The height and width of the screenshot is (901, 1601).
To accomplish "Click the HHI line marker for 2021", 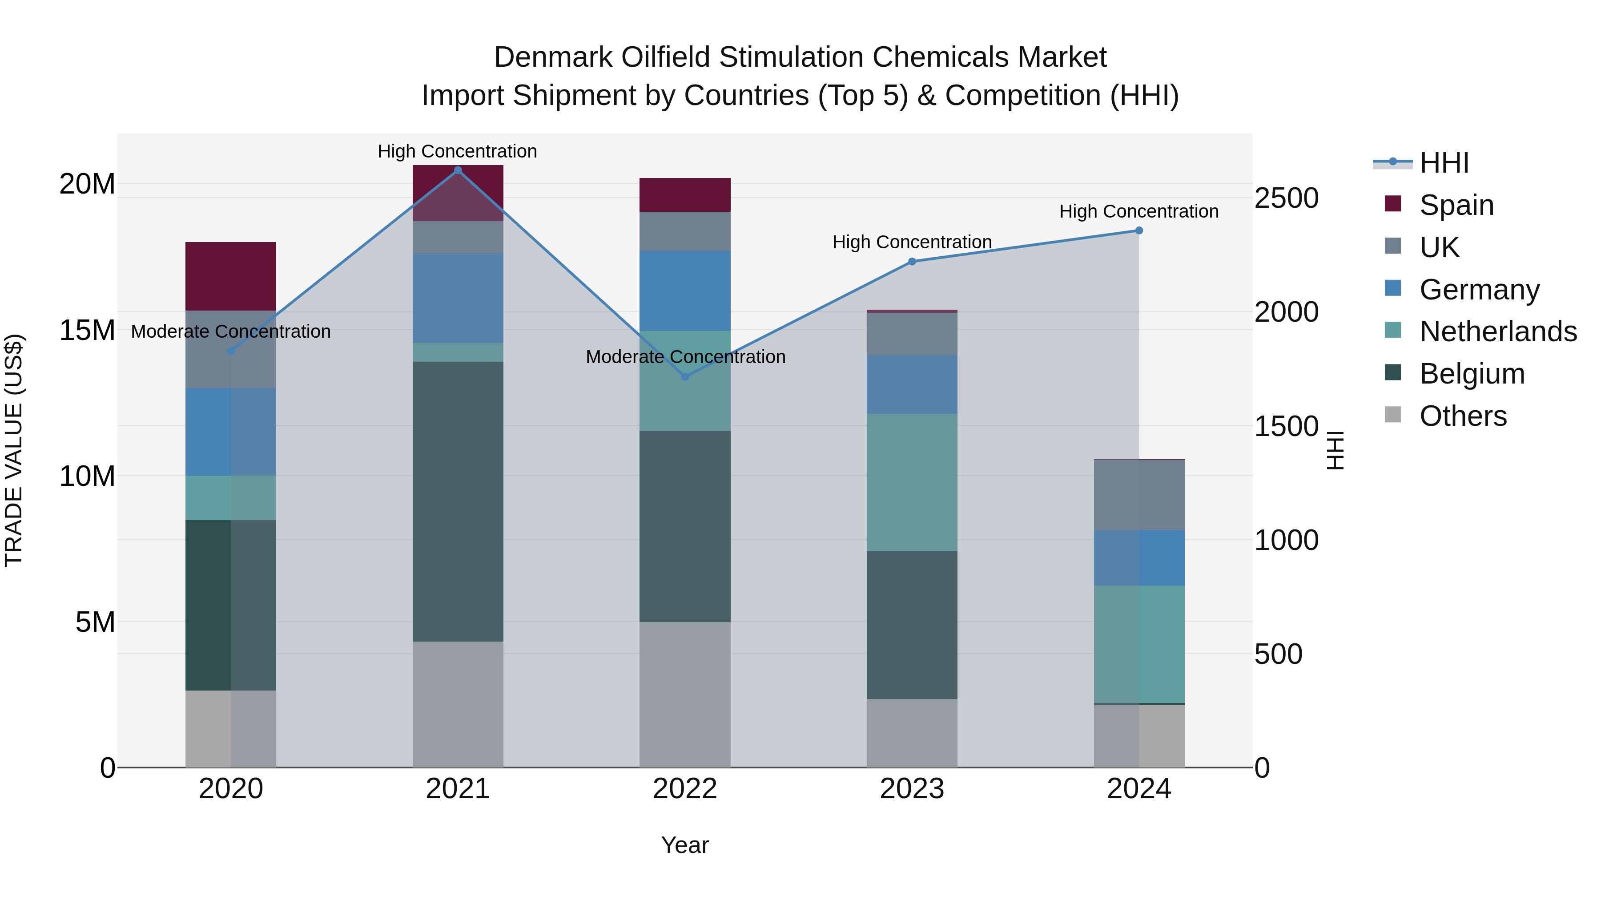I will (x=458, y=170).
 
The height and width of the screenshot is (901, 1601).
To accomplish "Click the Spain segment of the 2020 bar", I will (x=230, y=276).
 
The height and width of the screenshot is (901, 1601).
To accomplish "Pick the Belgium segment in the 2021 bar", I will (x=458, y=501).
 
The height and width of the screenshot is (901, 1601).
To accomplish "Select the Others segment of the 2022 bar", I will (x=685, y=694).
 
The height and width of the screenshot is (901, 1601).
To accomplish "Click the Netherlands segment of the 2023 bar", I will (x=912, y=482).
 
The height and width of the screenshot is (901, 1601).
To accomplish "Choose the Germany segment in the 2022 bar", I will (x=685, y=291).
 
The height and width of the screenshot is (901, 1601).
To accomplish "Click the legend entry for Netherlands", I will (x=1498, y=331).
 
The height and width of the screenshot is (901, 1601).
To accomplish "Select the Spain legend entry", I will (x=1456, y=205).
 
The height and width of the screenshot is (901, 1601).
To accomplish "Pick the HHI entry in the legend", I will (x=1444, y=163).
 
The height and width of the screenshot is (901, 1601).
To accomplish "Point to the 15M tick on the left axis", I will (x=87, y=330).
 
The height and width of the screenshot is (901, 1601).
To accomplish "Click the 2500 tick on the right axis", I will (x=1286, y=198).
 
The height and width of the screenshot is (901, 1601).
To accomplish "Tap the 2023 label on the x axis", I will (x=912, y=789).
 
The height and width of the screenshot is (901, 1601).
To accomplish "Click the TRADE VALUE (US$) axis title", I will (x=14, y=450).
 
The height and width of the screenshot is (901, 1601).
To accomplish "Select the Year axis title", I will (x=685, y=845).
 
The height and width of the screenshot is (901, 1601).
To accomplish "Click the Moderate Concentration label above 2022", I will (x=685, y=357).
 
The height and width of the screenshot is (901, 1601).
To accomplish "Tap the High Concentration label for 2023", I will (x=912, y=242).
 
